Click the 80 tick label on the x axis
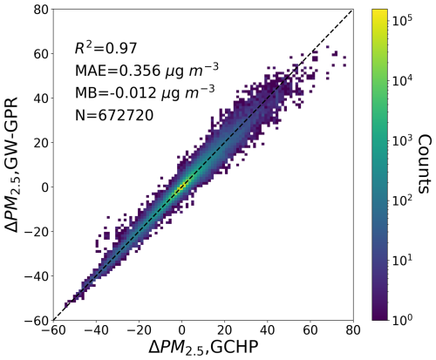coord(352,329)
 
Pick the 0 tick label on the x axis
coord(181,329)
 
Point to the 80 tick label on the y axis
coord(38,10)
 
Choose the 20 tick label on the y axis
coord(38,143)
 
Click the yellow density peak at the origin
coord(181,187)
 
